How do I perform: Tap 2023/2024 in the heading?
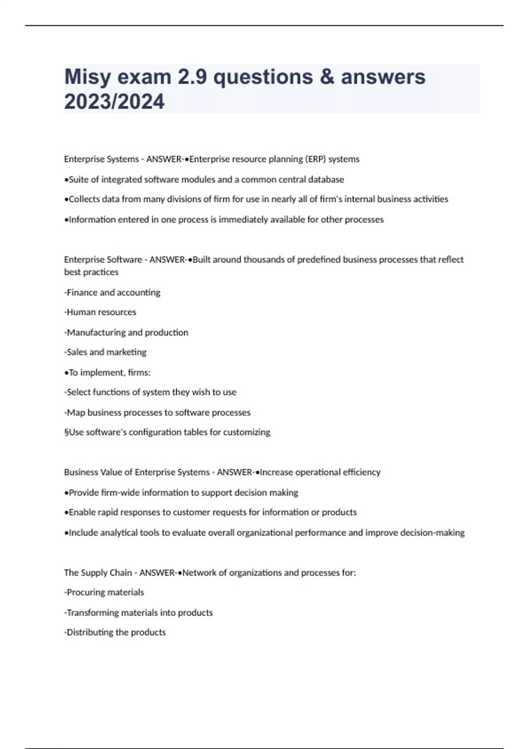point(114,101)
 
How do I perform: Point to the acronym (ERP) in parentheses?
point(315,159)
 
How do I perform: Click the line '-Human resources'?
point(100,312)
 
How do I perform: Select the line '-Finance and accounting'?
point(112,292)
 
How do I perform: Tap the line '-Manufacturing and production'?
point(126,332)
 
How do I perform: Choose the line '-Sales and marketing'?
point(105,352)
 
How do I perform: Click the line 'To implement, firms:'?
point(109,372)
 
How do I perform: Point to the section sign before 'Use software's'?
point(66,432)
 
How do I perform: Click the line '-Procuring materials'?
point(104,592)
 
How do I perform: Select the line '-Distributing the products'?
point(115,632)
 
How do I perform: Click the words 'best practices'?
point(91,272)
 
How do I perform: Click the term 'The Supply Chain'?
point(98,572)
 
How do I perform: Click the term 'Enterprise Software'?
point(103,260)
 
